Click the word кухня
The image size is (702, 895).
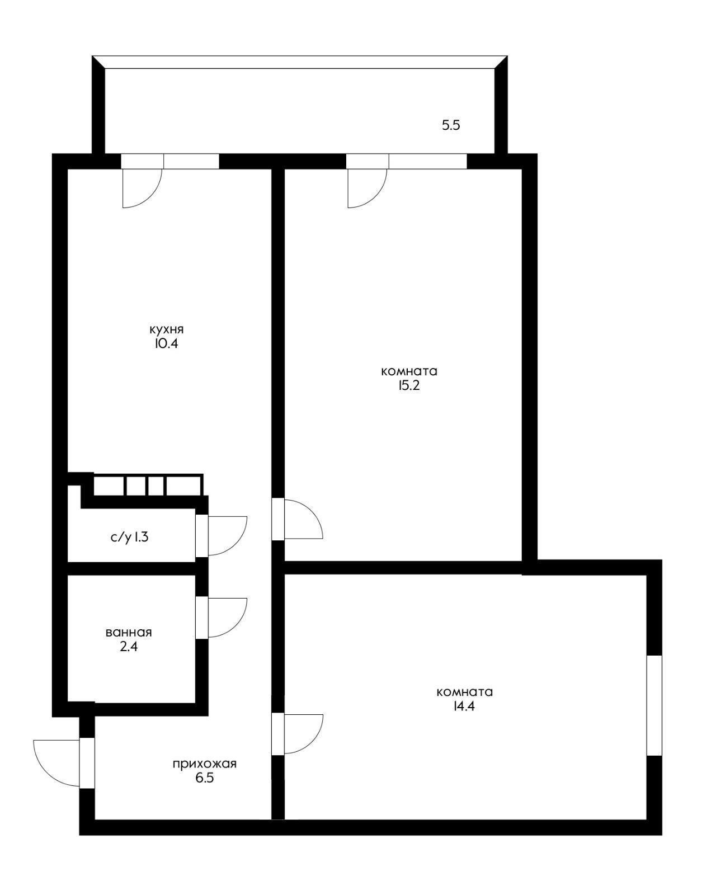[x=166, y=330]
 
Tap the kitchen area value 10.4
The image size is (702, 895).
[x=166, y=344]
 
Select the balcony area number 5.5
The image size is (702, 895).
[x=451, y=125]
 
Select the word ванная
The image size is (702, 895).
[x=129, y=632]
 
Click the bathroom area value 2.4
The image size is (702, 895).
[x=129, y=647]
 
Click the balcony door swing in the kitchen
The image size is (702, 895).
[x=152, y=197]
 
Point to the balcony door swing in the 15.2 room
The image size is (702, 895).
[x=377, y=197]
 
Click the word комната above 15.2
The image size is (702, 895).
[x=409, y=371]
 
